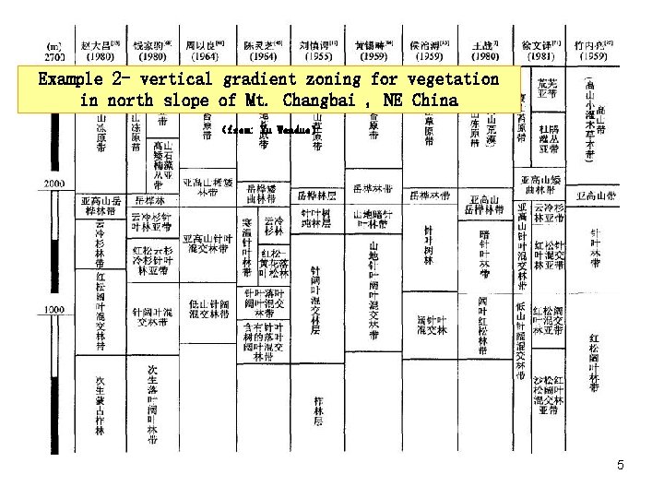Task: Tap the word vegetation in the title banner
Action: [451, 79]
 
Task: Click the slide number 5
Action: [620, 466]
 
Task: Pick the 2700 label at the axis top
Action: [53, 56]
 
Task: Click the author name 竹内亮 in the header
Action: [591, 42]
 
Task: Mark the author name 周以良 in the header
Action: [205, 42]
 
